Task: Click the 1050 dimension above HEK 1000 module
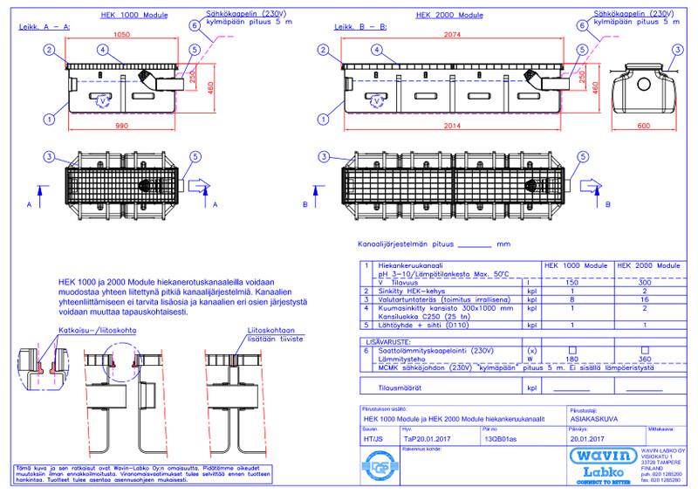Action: pyautogui.click(x=122, y=35)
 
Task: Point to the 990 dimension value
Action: pyautogui.click(x=122, y=127)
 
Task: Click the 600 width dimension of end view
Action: pyautogui.click(x=643, y=127)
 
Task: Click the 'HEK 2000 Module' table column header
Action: pyautogui.click(x=648, y=263)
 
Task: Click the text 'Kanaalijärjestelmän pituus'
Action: pyautogui.click(x=405, y=245)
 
